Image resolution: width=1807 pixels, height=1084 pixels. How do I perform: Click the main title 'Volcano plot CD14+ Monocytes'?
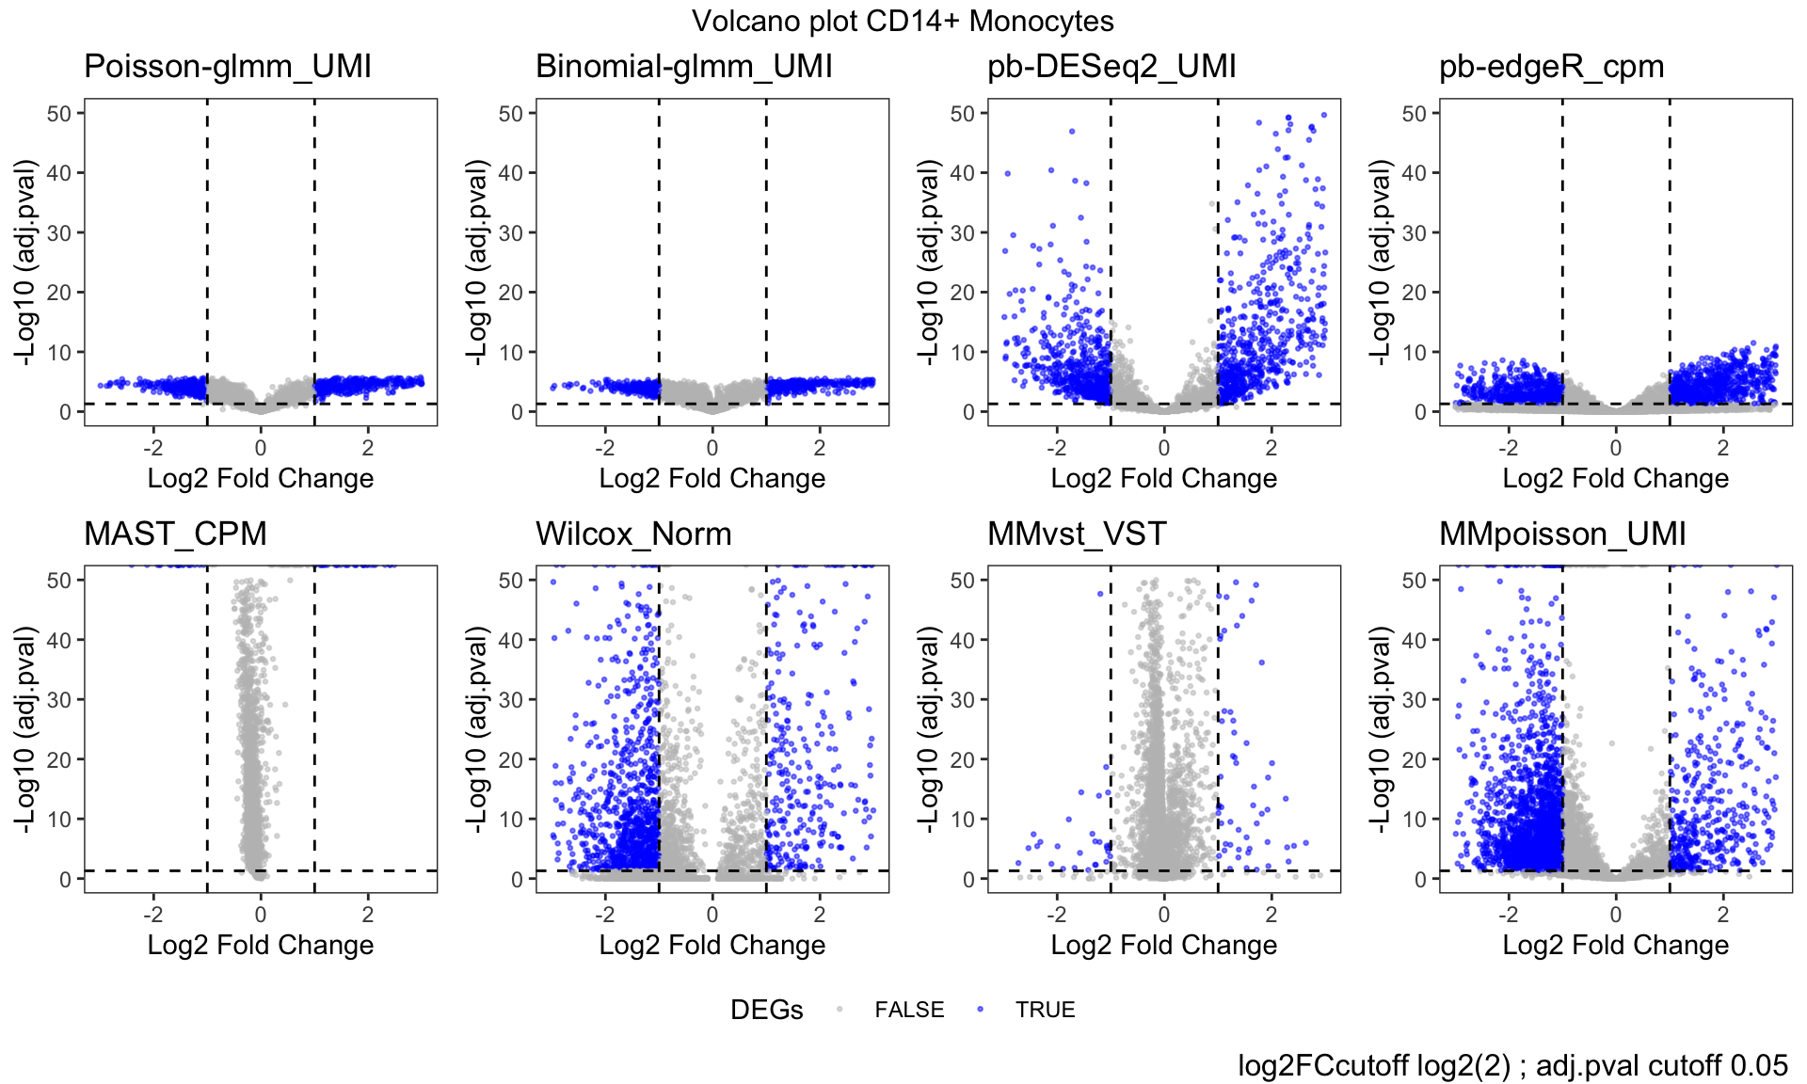(x=903, y=21)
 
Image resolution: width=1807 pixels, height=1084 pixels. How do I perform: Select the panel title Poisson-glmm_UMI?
(x=227, y=66)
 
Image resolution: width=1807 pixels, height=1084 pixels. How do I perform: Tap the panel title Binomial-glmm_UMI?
(x=683, y=66)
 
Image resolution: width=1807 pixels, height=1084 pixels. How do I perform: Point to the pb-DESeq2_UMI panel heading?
(x=1111, y=66)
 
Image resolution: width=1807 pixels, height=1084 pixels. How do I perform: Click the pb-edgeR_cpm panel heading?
(x=1551, y=66)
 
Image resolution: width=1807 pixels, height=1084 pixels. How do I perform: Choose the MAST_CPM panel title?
(x=175, y=534)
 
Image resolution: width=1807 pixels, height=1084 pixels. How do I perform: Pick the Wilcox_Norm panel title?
(x=633, y=534)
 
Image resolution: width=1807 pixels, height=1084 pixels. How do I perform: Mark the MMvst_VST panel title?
(x=1077, y=534)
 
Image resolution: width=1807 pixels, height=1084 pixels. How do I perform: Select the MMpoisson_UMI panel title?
(x=1562, y=534)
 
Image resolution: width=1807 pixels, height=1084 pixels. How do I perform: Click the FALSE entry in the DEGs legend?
(x=908, y=1010)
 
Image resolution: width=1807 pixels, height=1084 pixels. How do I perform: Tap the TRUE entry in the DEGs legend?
(x=1045, y=1010)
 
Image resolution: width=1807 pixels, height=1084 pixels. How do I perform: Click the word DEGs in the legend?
(x=766, y=1010)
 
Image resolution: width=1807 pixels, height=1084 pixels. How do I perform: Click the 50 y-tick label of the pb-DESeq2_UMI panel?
(x=962, y=114)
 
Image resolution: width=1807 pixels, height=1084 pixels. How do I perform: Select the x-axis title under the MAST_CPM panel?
(x=261, y=945)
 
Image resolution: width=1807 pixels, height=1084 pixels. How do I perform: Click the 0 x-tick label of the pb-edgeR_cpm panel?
(x=1616, y=448)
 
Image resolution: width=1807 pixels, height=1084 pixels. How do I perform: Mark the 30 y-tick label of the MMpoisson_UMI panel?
(x=1414, y=700)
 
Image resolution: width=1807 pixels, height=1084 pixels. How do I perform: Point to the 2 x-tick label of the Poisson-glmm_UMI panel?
(x=368, y=448)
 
